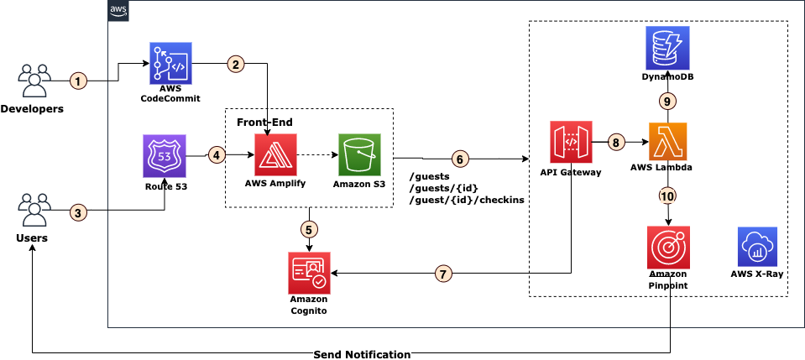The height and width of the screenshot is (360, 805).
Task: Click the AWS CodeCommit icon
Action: click(171, 63)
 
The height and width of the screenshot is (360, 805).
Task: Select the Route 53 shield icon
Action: click(165, 155)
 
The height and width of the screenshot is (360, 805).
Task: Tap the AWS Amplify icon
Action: click(275, 154)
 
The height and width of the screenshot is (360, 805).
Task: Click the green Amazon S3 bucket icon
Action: click(359, 154)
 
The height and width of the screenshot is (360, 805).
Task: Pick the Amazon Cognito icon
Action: click(308, 271)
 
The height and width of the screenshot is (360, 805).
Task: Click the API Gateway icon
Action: click(571, 143)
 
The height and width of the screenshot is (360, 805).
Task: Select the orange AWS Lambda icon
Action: click(668, 143)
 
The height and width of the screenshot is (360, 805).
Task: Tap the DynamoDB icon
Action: click(668, 48)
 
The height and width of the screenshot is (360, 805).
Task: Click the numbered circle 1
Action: click(78, 81)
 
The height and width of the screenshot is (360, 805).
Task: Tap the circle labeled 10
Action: click(668, 196)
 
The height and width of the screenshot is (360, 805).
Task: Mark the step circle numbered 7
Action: click(445, 274)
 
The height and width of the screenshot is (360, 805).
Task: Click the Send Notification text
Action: click(362, 354)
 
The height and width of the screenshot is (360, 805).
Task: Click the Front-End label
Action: click(264, 123)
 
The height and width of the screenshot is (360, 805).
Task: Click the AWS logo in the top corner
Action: click(119, 9)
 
